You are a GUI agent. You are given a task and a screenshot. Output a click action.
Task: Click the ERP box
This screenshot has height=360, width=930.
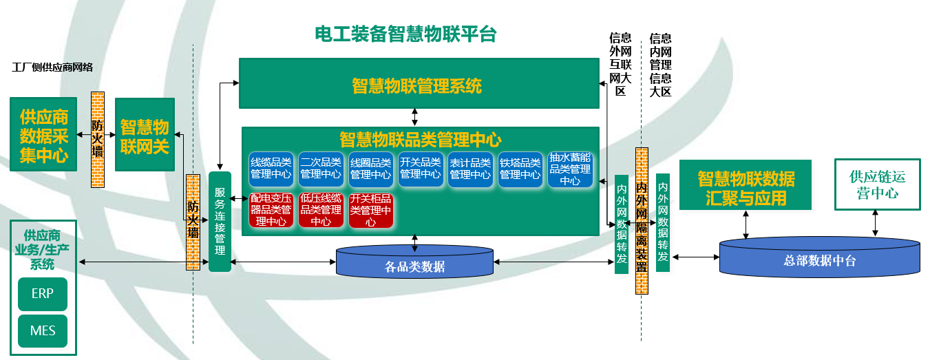coord(42,294)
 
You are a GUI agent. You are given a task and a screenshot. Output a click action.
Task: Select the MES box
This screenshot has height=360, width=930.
coord(42,331)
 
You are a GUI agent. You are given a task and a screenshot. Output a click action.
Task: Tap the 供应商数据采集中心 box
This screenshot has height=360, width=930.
coord(44,134)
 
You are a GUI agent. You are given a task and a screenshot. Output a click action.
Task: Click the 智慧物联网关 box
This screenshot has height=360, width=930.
coord(145,134)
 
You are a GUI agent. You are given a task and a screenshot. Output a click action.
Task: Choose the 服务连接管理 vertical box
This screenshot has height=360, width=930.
coord(220,222)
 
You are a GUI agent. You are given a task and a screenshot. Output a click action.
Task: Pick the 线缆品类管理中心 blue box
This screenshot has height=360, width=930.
coord(271,169)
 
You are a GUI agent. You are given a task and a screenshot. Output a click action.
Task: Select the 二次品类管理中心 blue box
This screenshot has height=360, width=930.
coord(321,169)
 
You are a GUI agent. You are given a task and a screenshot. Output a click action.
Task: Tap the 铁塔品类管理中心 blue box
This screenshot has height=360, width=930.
coord(520,169)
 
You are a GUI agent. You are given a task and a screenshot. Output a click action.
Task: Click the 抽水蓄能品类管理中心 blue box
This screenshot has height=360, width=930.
coord(570,169)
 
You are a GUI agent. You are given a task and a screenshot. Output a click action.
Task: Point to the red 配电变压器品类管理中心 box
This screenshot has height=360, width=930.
coord(271,210)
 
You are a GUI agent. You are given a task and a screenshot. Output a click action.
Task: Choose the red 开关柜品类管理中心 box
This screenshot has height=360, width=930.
coord(370,210)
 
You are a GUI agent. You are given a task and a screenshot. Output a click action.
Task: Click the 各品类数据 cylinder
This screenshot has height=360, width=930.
coord(414,266)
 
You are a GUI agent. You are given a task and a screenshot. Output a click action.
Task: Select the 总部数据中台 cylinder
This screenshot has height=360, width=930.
coord(819,259)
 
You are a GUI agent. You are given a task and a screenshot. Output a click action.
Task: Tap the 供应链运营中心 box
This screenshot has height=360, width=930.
coord(877,184)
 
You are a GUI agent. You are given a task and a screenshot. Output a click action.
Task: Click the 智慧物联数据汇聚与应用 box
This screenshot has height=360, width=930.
coord(746,185)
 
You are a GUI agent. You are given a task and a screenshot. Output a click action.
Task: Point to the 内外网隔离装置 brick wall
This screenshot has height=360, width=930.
coord(642,220)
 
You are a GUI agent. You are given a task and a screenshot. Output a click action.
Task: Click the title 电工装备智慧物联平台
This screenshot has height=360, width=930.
coord(405,34)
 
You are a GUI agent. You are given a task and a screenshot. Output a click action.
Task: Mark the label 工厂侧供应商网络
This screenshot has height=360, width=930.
coord(52,67)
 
